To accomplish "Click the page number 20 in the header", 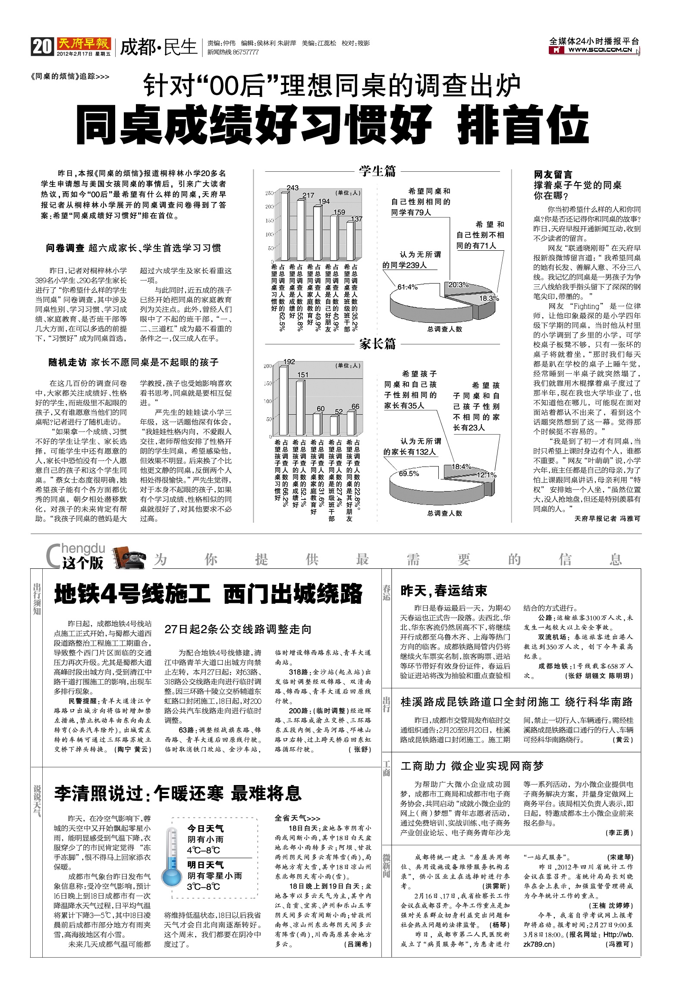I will [42, 47].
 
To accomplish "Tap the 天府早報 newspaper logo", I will [84, 44].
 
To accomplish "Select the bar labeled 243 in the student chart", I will [285, 227].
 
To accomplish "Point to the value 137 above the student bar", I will [357, 219].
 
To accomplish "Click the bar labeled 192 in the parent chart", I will [283, 400].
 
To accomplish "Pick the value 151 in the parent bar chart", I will [303, 375].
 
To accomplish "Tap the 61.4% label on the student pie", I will [407, 287].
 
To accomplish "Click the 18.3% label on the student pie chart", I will [489, 298].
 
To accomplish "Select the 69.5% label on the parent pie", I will [409, 473].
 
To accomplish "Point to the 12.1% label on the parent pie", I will [486, 475].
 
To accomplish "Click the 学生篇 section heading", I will [377, 171].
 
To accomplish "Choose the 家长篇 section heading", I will [377, 344].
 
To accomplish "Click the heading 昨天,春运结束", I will [444, 591].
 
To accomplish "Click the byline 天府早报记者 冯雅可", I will [607, 518].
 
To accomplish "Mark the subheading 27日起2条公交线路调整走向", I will [238, 629].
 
